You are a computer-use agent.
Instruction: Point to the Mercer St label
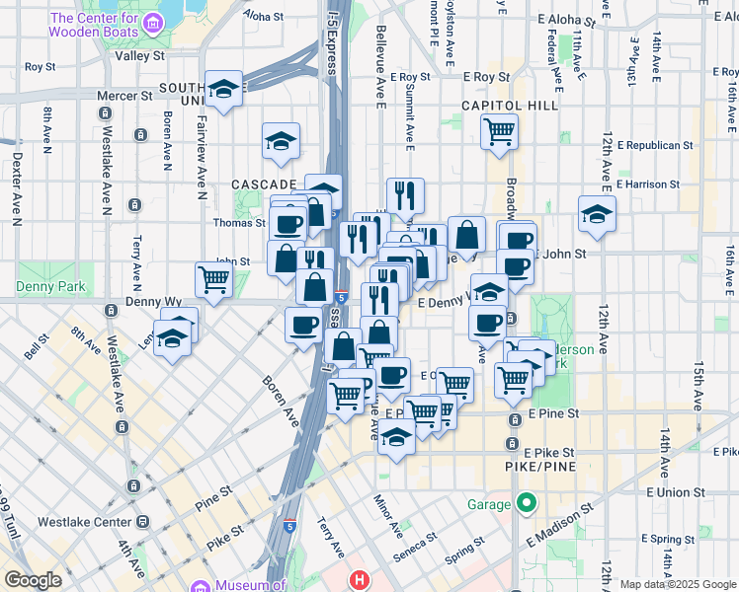pyautogui.click(x=124, y=96)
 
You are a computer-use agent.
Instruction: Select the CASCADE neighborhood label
pyautogui.click(x=264, y=185)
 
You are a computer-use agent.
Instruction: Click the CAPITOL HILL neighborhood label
pyautogui.click(x=510, y=106)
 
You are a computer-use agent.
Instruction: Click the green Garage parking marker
pyautogui.click(x=528, y=505)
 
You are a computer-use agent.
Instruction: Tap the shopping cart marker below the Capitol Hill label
pyautogui.click(x=500, y=130)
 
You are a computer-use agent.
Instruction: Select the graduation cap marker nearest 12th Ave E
pyautogui.click(x=597, y=214)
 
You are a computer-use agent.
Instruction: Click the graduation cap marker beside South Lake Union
pyautogui.click(x=224, y=90)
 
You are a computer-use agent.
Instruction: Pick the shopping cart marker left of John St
pyautogui.click(x=213, y=279)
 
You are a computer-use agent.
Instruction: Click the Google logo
pyautogui.click(x=34, y=581)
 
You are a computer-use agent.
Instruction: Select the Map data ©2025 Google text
pyautogui.click(x=677, y=584)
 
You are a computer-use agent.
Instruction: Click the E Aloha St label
pyautogui.click(x=567, y=19)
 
